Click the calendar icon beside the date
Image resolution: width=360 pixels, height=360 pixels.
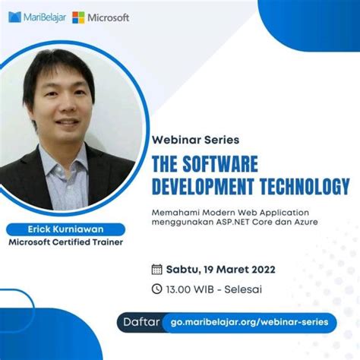tap(157, 269)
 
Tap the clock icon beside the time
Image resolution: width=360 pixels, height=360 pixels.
tap(157, 289)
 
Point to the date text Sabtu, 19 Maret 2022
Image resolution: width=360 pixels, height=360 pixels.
tap(215, 269)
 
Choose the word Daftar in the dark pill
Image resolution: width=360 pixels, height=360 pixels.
tap(140, 322)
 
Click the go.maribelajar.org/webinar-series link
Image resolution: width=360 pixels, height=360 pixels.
tap(249, 322)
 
